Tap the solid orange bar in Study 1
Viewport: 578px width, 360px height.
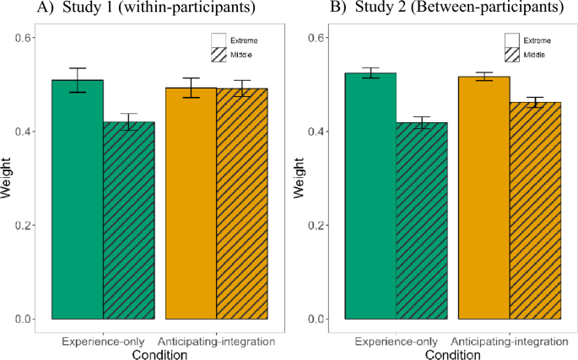(191, 203)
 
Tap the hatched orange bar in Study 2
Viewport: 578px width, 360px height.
(535, 211)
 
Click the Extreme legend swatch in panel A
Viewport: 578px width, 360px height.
(219, 40)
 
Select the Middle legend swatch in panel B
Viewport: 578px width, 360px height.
(512, 55)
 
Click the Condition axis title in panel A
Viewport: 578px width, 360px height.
(160, 354)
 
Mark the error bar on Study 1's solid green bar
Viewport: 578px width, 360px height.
(78, 80)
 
